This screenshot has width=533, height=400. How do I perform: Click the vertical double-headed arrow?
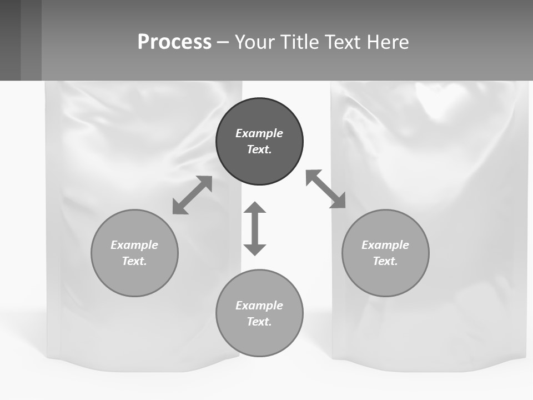(x=255, y=228)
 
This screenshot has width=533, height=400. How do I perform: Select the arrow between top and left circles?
(x=192, y=195)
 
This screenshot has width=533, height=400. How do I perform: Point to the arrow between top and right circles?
(x=325, y=189)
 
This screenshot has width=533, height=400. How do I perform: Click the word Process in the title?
(x=174, y=42)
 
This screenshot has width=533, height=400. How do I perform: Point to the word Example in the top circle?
(x=259, y=133)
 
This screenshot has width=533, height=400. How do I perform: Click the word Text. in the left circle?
(x=134, y=261)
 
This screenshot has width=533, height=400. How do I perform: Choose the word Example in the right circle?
(x=385, y=245)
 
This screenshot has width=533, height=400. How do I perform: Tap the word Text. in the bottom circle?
(x=259, y=322)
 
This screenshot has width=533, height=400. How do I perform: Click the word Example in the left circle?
(x=134, y=245)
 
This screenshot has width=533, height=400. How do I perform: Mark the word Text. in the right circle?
(x=385, y=261)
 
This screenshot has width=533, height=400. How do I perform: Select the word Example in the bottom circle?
(x=259, y=306)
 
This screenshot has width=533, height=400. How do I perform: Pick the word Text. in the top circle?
(x=259, y=149)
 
